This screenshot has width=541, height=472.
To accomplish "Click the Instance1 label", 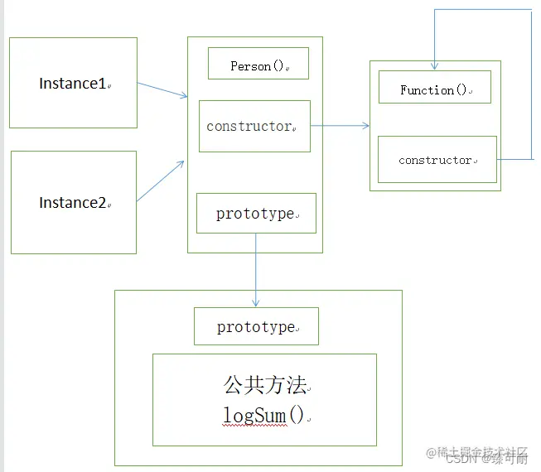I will coord(73,84).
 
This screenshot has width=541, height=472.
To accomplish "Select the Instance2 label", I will coord(73,203).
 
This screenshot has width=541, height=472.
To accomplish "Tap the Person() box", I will coord(258,64).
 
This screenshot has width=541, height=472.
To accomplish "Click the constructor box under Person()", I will coord(254,127).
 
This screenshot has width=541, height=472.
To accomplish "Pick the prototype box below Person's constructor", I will coord(256,214).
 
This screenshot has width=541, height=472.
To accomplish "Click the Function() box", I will coord(434,88).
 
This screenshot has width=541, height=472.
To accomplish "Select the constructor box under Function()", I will coord(437,160).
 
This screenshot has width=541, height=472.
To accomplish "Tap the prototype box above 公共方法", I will coord(256,327).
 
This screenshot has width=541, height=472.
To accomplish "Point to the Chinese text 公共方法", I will coord(264,385).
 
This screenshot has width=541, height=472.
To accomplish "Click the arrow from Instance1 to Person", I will coord(162,90).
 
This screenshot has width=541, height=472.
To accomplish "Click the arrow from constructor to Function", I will coord(340,126).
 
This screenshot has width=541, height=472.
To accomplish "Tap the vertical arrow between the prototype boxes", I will coord(256,270).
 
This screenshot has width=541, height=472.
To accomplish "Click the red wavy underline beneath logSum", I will coord(254,425).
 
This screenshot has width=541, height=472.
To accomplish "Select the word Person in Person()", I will coord(250,65).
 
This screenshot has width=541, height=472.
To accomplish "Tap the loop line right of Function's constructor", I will coord(531,83).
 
